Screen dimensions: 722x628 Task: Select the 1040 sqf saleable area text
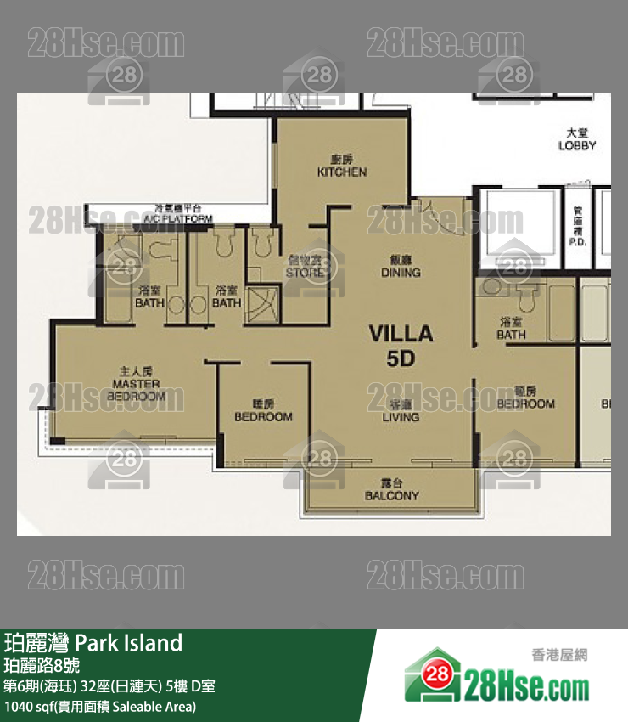click(x=100, y=706)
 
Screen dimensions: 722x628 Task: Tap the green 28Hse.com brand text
click(x=526, y=683)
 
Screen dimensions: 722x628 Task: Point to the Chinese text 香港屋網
click(x=559, y=654)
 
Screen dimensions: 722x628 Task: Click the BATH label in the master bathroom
click(x=149, y=296)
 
